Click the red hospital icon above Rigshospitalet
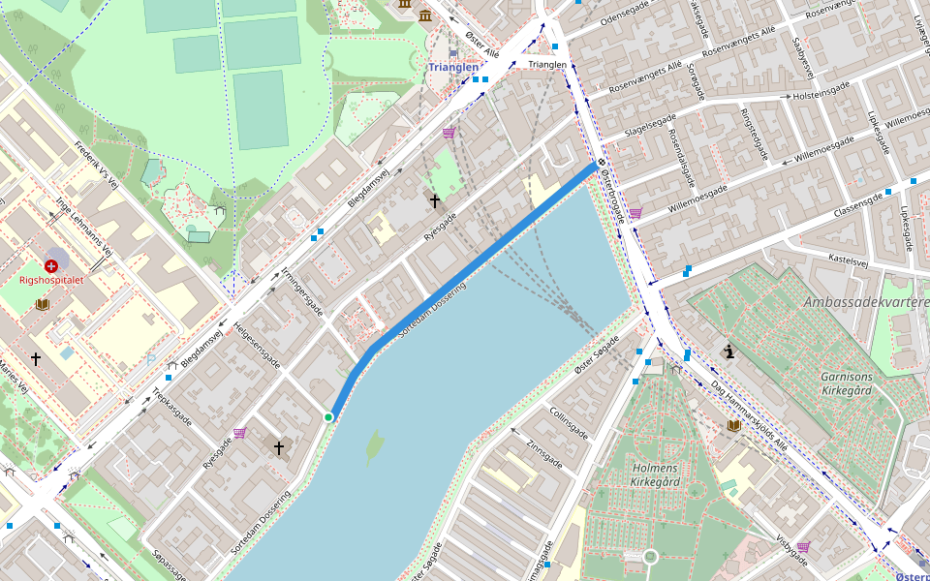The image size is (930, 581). (50, 265)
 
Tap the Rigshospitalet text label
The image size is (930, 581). (52, 280)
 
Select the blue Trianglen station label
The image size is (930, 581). (452, 67)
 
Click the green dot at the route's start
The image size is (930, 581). (328, 416)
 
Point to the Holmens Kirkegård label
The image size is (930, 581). (656, 474)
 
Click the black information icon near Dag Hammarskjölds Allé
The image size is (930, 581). (728, 352)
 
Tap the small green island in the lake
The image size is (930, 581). (374, 445)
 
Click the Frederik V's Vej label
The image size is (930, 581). (96, 166)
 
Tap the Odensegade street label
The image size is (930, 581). (629, 19)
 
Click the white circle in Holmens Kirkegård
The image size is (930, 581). (650, 556)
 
